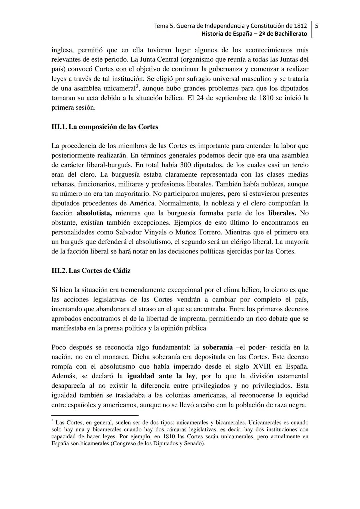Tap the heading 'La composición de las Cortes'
click(113, 127)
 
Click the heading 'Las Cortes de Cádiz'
click(99, 271)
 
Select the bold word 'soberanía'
click(217, 348)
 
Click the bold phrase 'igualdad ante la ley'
click(161, 376)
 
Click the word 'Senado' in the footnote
click(194, 444)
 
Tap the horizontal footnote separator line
click(95, 415)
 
